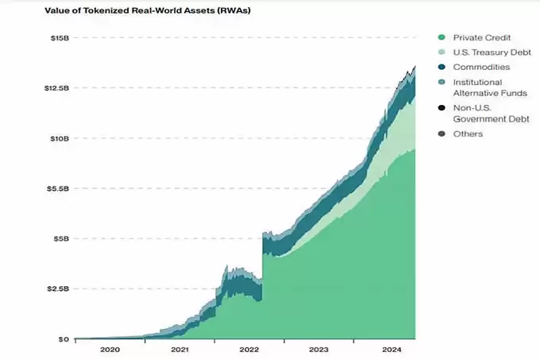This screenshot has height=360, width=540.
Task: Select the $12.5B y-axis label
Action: (56, 87)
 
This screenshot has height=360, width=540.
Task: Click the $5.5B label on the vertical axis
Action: (57, 188)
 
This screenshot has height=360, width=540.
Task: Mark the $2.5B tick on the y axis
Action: (57, 288)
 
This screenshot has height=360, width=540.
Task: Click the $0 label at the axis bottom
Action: (64, 339)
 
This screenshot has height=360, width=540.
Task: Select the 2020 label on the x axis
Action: (110, 349)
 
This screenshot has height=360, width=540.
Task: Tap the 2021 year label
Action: (179, 349)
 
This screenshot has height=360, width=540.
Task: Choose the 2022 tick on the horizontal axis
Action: (249, 349)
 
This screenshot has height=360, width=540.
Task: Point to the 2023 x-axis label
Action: (318, 349)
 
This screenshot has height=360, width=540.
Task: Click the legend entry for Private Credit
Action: (480, 37)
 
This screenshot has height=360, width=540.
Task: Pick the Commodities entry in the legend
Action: (481, 67)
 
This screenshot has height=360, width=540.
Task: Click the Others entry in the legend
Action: (468, 134)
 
